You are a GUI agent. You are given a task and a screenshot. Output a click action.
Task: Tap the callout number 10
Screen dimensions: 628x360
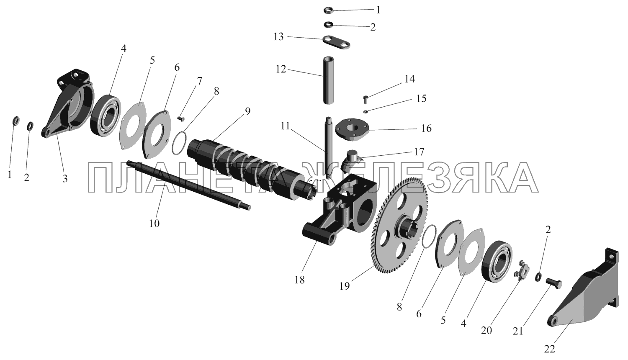(154, 224)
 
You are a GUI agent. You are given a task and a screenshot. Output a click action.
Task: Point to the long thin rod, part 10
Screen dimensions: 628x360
(189, 185)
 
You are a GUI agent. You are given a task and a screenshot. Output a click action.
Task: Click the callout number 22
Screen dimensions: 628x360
(549, 349)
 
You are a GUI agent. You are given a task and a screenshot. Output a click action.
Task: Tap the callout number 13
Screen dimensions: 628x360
(278, 37)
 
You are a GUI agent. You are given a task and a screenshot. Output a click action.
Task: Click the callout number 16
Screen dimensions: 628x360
(426, 129)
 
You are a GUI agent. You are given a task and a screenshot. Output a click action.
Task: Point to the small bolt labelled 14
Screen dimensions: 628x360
(365, 99)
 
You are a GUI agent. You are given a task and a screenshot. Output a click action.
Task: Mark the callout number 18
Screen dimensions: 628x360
(299, 280)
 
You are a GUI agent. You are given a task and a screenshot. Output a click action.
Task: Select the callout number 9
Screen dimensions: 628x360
(247, 111)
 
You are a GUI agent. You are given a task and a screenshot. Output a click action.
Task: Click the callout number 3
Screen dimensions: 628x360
(65, 179)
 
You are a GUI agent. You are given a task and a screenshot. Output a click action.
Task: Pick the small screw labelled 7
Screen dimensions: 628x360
(181, 119)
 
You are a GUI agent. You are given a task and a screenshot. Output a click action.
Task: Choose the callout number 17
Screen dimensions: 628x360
(419, 152)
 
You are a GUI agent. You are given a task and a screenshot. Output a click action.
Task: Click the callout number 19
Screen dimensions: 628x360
(345, 286)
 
